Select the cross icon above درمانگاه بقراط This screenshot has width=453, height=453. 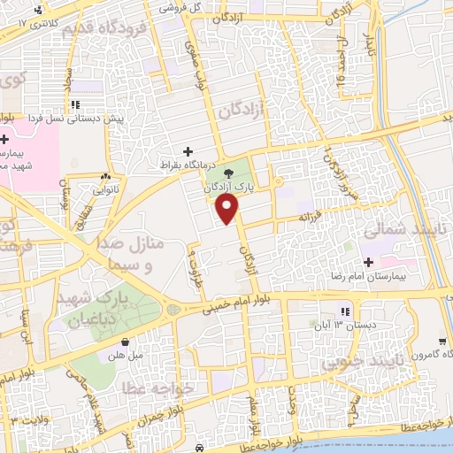click(187, 152)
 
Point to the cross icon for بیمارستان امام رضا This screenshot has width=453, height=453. click(367, 262)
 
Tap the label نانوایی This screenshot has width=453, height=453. click(97, 188)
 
